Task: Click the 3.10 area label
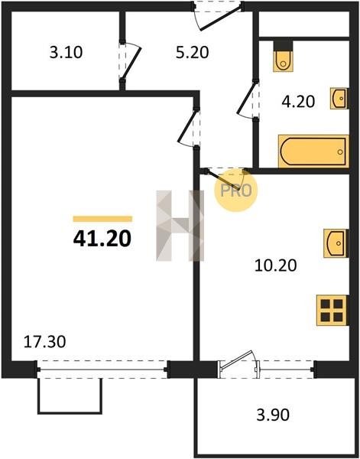point(66,53)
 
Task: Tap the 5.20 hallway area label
point(192,53)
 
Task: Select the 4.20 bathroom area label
point(298,102)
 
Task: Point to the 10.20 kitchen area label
point(275,265)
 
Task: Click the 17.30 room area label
point(44,342)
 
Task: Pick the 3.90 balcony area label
point(273,415)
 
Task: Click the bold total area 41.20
point(102,239)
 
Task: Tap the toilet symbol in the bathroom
point(283,56)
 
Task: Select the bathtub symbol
point(313,151)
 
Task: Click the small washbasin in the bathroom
point(339,99)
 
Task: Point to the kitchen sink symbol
point(336,243)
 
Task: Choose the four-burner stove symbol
point(332,311)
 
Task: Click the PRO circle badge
point(235,190)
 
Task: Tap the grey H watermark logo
point(180,226)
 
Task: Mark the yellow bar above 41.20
point(102,219)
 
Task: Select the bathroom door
point(248,99)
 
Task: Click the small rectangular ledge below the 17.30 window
point(70,396)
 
